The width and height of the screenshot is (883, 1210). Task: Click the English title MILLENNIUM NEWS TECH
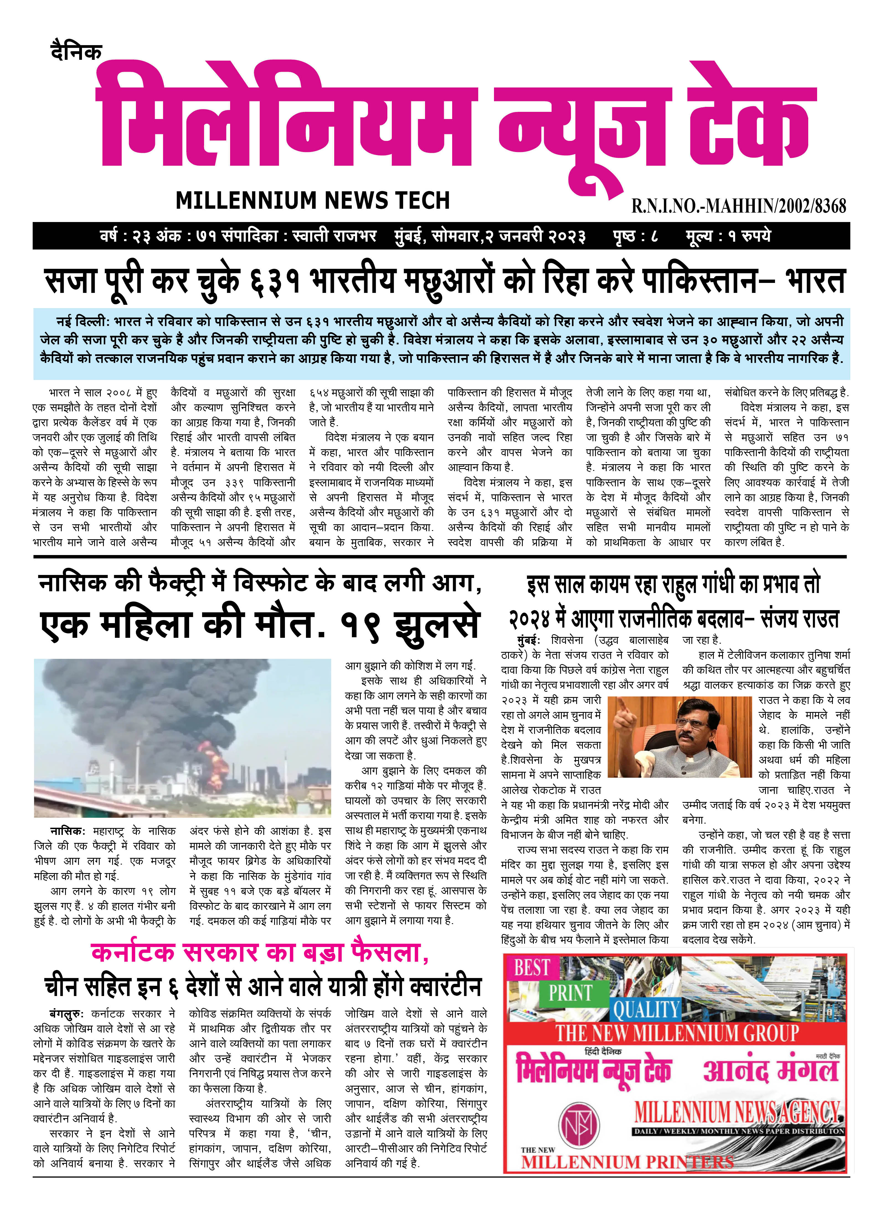coord(313,200)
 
